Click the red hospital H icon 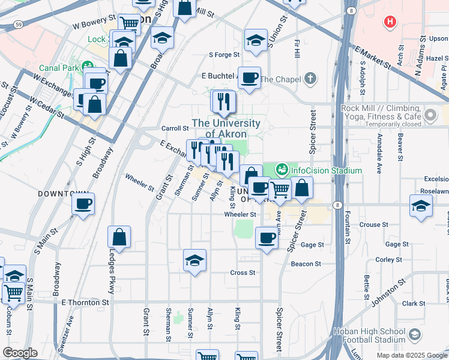391,22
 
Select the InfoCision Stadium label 326,170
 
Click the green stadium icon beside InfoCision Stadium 282,170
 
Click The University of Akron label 226,128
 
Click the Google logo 20,353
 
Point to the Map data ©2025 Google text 412,355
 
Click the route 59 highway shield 19,25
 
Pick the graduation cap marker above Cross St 194,261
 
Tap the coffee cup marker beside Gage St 267,238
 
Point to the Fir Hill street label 297,50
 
